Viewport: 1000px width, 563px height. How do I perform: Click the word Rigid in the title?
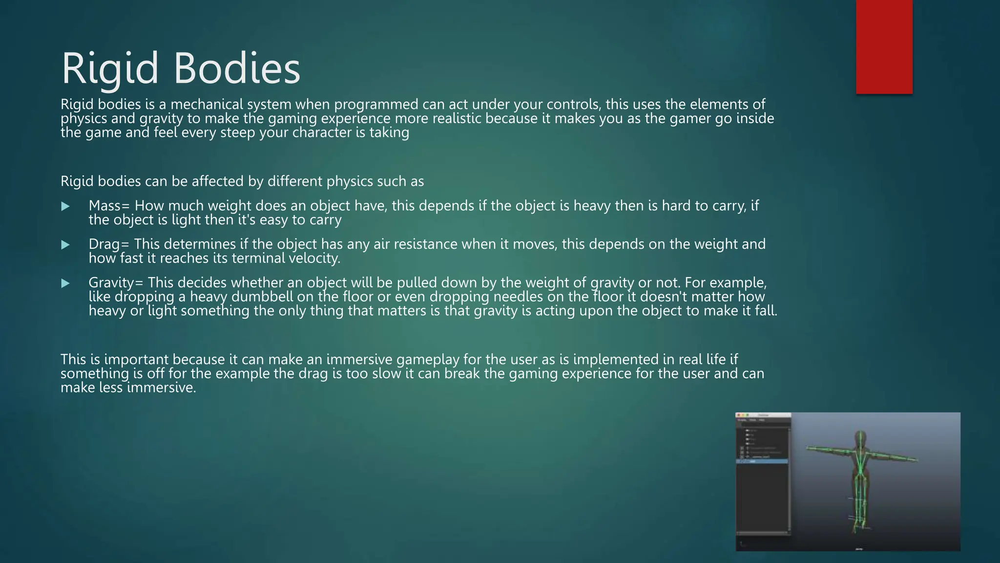coord(110,68)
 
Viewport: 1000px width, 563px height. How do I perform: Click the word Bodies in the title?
coord(237,68)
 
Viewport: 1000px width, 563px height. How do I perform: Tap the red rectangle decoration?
coord(884,47)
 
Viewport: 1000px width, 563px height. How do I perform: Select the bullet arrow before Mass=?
coord(65,207)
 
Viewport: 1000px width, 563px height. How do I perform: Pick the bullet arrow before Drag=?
coord(65,245)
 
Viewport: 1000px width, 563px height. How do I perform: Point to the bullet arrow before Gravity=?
coord(65,283)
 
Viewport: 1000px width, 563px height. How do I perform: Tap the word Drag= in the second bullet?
coord(109,244)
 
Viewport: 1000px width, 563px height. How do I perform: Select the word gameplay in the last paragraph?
coord(428,360)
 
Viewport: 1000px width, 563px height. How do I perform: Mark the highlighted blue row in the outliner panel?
coord(762,461)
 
